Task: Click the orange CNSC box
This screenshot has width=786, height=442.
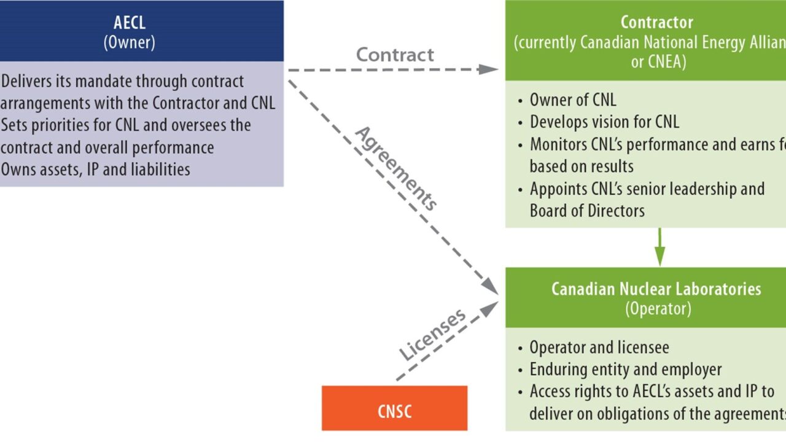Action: [394, 408]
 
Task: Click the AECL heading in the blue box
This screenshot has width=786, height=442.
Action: [130, 23]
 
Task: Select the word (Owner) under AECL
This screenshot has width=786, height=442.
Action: [130, 43]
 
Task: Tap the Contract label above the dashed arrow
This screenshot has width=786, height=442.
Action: [395, 54]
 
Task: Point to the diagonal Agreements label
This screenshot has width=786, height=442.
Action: [397, 168]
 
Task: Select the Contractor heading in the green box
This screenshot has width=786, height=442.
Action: [656, 22]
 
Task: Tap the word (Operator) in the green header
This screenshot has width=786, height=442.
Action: [658, 309]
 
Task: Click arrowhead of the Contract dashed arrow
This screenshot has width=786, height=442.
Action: [489, 69]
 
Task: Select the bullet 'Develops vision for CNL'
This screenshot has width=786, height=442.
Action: [604, 122]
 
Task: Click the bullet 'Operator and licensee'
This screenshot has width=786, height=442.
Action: [599, 347]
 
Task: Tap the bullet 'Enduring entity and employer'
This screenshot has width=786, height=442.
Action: [625, 369]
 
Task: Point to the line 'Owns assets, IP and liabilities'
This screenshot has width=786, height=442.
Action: [96, 169]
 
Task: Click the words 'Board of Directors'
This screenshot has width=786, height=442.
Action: [587, 211]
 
